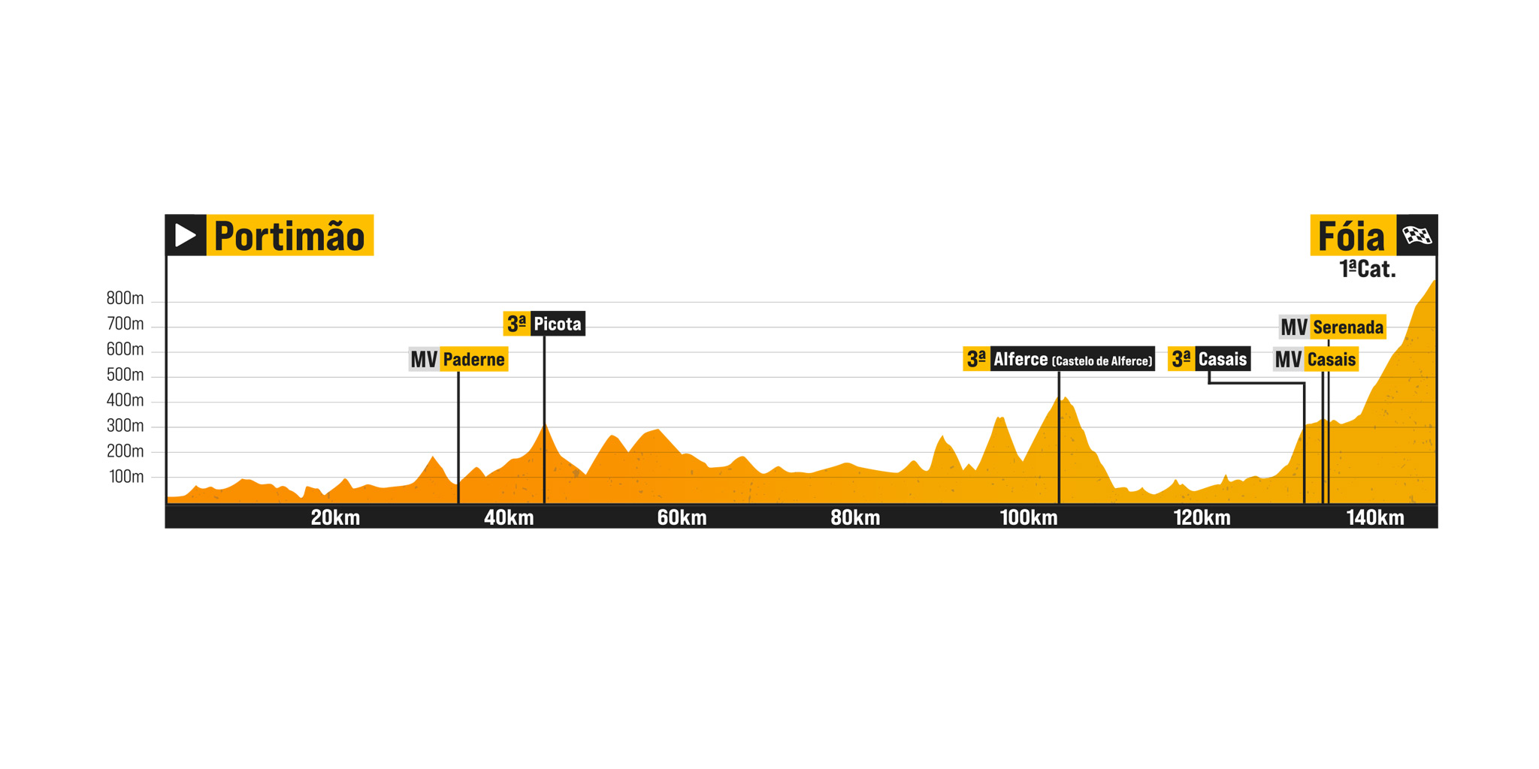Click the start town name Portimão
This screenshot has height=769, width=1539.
[x=289, y=236]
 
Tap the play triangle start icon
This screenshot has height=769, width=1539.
[x=185, y=236]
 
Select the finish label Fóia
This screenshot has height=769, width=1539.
[x=1351, y=237]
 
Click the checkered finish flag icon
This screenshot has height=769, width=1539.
[x=1417, y=236]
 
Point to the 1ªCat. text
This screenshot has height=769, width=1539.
[x=1367, y=270]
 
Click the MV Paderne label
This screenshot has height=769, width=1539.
[x=458, y=359]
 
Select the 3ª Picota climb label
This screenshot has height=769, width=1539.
[x=544, y=324]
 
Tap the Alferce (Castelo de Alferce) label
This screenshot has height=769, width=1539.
[x=1059, y=359]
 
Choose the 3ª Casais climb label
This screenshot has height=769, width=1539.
[x=1209, y=359]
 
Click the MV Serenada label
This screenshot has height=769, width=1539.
[x=1332, y=327]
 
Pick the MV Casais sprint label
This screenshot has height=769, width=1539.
[x=1316, y=360]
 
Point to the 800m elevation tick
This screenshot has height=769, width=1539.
[x=125, y=298]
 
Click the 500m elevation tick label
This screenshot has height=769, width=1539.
[x=125, y=375]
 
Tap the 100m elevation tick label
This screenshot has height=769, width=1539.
[x=126, y=477]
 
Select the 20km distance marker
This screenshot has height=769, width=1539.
[x=335, y=517]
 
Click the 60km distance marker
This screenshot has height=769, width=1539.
[x=682, y=517]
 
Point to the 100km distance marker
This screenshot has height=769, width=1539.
[x=1028, y=517]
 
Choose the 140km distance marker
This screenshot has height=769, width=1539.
[x=1374, y=517]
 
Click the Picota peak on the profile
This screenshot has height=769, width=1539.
[x=545, y=426]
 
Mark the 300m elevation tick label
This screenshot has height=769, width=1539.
[x=125, y=426]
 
